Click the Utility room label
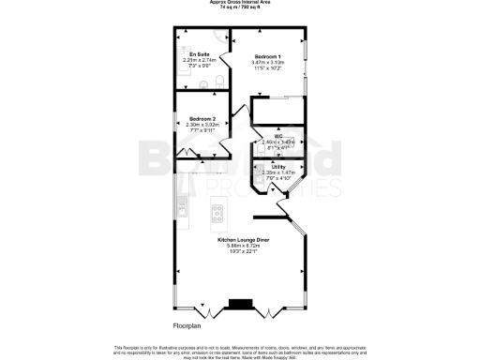click(x=278, y=166)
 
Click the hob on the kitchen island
click(x=217, y=211)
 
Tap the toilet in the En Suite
click(x=217, y=82)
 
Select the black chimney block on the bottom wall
click(x=241, y=304)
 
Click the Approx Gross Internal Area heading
click(x=240, y=3)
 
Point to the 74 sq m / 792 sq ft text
click(x=240, y=7)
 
